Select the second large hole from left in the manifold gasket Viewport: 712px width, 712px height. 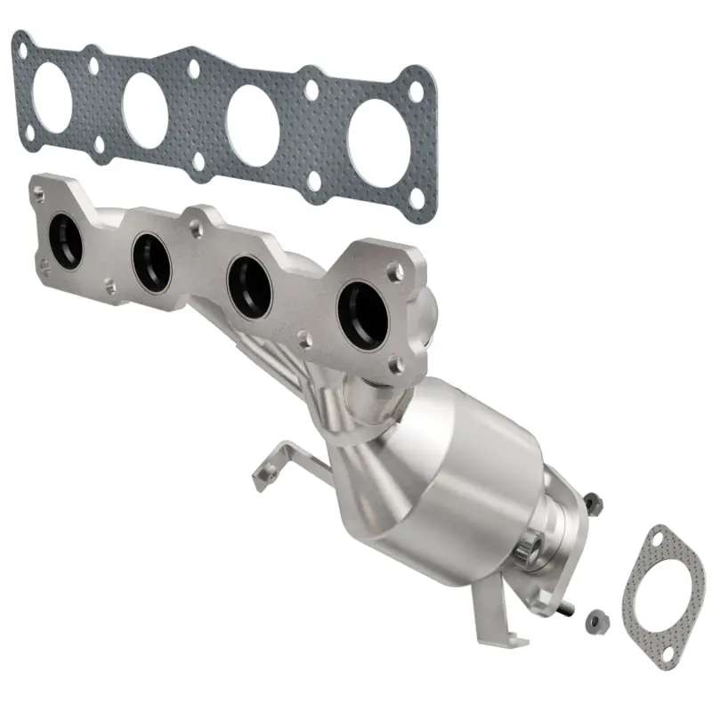pyautogui.click(x=145, y=109)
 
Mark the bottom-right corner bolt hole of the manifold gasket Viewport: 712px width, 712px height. pyautogui.click(x=416, y=204)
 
